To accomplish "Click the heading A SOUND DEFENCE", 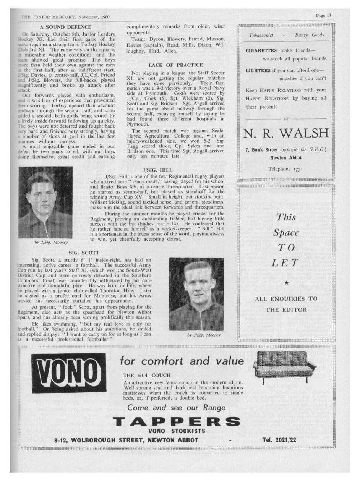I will click(x=66, y=27).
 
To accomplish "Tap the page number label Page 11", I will click(x=323, y=15).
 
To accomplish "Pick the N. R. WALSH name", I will click(x=286, y=133).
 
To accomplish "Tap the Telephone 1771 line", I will click(x=286, y=168).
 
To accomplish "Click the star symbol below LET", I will click(x=287, y=283).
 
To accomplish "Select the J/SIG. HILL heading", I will click(x=157, y=170).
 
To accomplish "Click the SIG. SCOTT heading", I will click(x=84, y=253).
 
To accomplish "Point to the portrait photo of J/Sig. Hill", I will click(x=45, y=202).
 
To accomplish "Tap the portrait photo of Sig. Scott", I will click(x=196, y=294).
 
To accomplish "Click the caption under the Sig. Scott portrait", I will click(x=204, y=335).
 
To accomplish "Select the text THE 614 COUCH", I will click(x=147, y=375).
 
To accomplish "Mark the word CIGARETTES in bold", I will click(x=261, y=50).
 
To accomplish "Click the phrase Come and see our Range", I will click(x=176, y=407).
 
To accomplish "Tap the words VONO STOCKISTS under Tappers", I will click(x=177, y=431).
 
